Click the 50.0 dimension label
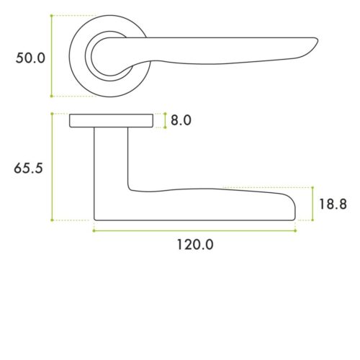click(x=31, y=58)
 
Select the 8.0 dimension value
click(x=181, y=120)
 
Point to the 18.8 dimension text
click(x=333, y=204)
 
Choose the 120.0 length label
click(x=195, y=245)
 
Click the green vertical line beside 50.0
click(x=52, y=56)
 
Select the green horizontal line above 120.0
click(x=194, y=230)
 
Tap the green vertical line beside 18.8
click(x=312, y=203)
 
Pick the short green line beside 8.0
click(x=165, y=120)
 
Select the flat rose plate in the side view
click(x=112, y=120)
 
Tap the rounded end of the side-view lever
click(x=294, y=207)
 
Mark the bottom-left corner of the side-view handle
click(x=96, y=219)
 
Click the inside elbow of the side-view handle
click(x=130, y=189)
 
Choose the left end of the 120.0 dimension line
click(x=94, y=230)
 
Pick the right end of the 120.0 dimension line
click(x=295, y=230)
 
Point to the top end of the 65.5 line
click(x=52, y=113)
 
